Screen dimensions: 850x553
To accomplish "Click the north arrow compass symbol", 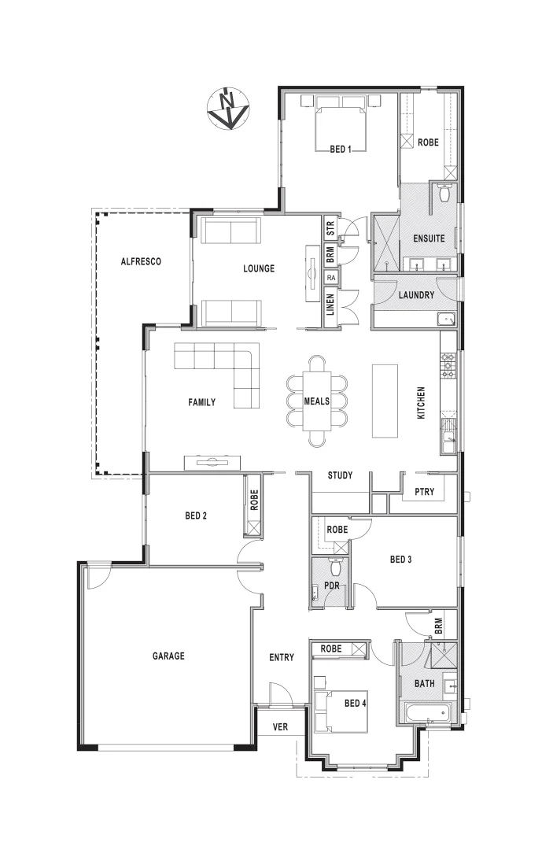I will coord(228,109).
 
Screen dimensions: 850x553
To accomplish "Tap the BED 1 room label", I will coord(340,149).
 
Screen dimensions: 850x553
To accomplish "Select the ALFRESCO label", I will coord(141,261).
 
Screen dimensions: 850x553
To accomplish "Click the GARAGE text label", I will coord(168,656).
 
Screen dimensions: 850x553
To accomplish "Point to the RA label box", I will coord(331,278).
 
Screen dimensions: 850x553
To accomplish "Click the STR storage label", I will coord(331,230).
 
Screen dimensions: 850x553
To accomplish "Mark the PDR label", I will coord(331,586).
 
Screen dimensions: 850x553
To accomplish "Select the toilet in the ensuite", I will coord(444,193).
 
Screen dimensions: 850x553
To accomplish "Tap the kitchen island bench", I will coord(385,400).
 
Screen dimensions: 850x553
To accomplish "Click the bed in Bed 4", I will coord(339,707).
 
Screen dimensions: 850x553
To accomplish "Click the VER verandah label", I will coord(280,727).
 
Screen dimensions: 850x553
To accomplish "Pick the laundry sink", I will coord(446,319).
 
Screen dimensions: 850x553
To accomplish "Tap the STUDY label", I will coord(340,475).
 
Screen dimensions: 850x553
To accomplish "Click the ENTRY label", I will coord(281,657).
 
